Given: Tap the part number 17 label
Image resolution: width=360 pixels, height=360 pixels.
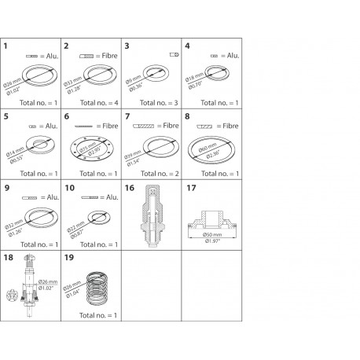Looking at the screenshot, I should tap(191, 188).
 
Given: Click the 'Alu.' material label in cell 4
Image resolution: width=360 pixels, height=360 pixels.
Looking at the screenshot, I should tap(232, 56).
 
